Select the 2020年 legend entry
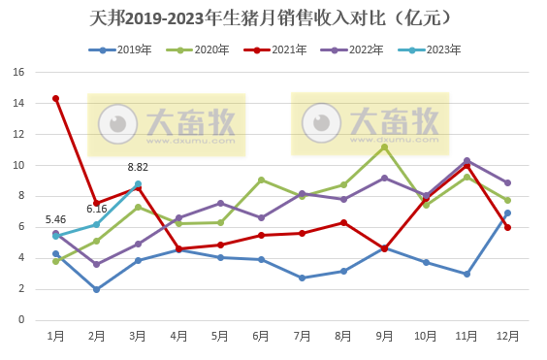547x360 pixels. pos(199,49)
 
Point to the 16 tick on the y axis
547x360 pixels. pos(18,72)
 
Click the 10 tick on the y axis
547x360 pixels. pos(18,165)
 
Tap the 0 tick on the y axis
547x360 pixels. pos(21,319)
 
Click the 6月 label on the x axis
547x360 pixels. pos(261,336)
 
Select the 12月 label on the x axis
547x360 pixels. pos(507,336)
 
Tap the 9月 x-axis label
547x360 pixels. pos(384,336)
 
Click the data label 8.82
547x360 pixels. pos(138,167)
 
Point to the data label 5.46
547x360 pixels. pos(55,219)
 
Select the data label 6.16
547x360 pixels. pos(97,209)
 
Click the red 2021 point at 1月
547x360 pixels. pos(55,98)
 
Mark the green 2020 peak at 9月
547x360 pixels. pos(384,147)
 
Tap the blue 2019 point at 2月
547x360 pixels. pos(97,289)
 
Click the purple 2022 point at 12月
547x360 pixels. pos(507,182)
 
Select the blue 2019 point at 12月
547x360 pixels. pos(507,213)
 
